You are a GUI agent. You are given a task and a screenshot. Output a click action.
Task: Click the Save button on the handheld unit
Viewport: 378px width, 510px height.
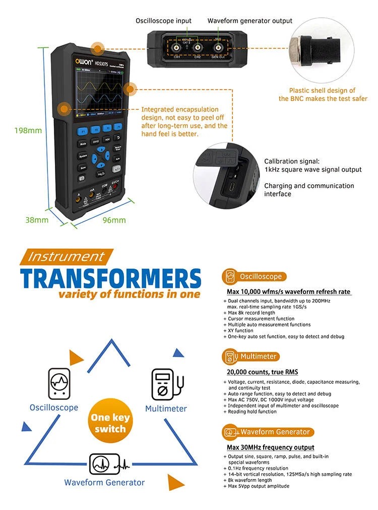click(83, 167)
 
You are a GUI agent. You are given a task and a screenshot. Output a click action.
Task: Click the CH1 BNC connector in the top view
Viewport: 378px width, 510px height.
click(177, 47)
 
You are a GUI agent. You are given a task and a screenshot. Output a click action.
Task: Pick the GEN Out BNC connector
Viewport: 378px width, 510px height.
click(218, 47)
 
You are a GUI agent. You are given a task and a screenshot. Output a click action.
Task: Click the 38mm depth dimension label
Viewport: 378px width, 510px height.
click(37, 220)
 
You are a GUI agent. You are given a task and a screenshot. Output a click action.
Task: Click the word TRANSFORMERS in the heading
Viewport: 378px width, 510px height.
click(111, 279)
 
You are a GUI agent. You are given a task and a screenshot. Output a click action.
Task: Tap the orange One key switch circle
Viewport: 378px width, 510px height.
click(110, 423)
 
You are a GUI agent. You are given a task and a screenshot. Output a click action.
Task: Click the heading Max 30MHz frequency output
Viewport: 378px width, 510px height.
click(271, 447)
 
